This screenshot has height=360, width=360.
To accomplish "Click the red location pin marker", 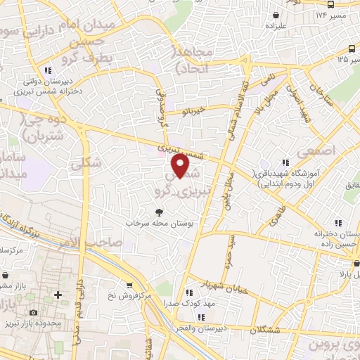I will (x=181, y=166).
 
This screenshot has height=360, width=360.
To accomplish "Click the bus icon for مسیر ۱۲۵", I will (x=351, y=48).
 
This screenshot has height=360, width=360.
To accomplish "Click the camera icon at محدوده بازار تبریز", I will (x=32, y=312).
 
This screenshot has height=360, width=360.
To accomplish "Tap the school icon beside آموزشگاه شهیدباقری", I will (x=285, y=162).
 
